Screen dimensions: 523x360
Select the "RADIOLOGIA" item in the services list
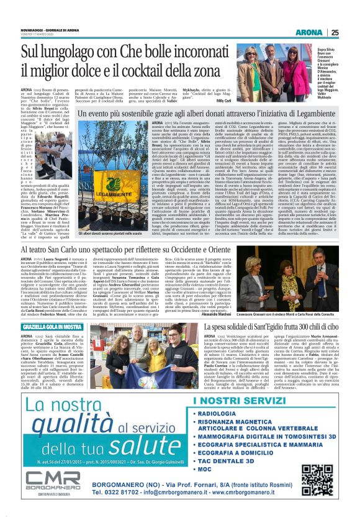(x=218, y=395)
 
